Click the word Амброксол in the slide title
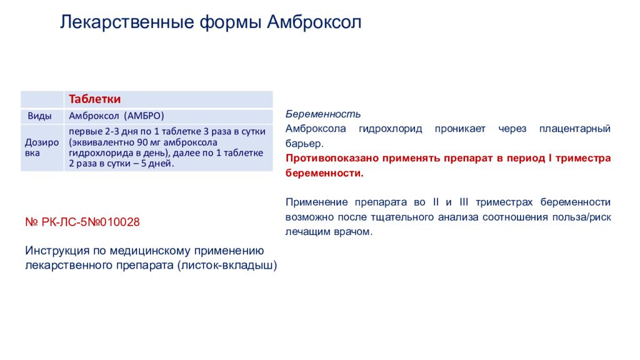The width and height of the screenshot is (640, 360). (314, 22)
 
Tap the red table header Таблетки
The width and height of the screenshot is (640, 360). (95, 99)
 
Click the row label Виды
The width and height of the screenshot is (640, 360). (39, 116)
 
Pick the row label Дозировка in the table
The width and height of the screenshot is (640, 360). (42, 147)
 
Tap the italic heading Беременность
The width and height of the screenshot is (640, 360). (323, 114)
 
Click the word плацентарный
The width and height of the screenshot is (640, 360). (575, 129)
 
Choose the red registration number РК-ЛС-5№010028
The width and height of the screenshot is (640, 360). (91, 222)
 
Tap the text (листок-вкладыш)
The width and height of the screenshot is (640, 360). (227, 266)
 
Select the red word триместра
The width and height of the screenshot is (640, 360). (583, 158)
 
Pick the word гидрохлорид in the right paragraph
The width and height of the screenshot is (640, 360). (390, 129)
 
